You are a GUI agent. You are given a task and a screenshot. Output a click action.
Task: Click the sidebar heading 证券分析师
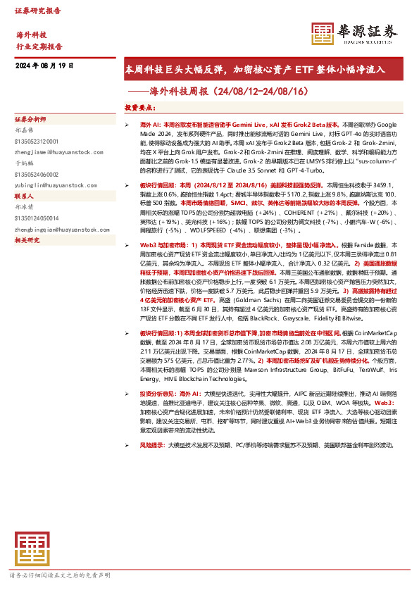coord(30,119)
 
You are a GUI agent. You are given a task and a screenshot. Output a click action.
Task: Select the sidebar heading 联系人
coord(25,196)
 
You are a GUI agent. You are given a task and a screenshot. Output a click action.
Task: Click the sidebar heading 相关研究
coord(27,240)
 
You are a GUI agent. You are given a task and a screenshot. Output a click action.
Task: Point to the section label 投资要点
coord(140,107)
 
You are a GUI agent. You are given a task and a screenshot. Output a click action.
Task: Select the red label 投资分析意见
coord(159,375)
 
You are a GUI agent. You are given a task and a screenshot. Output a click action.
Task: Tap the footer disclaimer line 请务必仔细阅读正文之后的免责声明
coord(59,575)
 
